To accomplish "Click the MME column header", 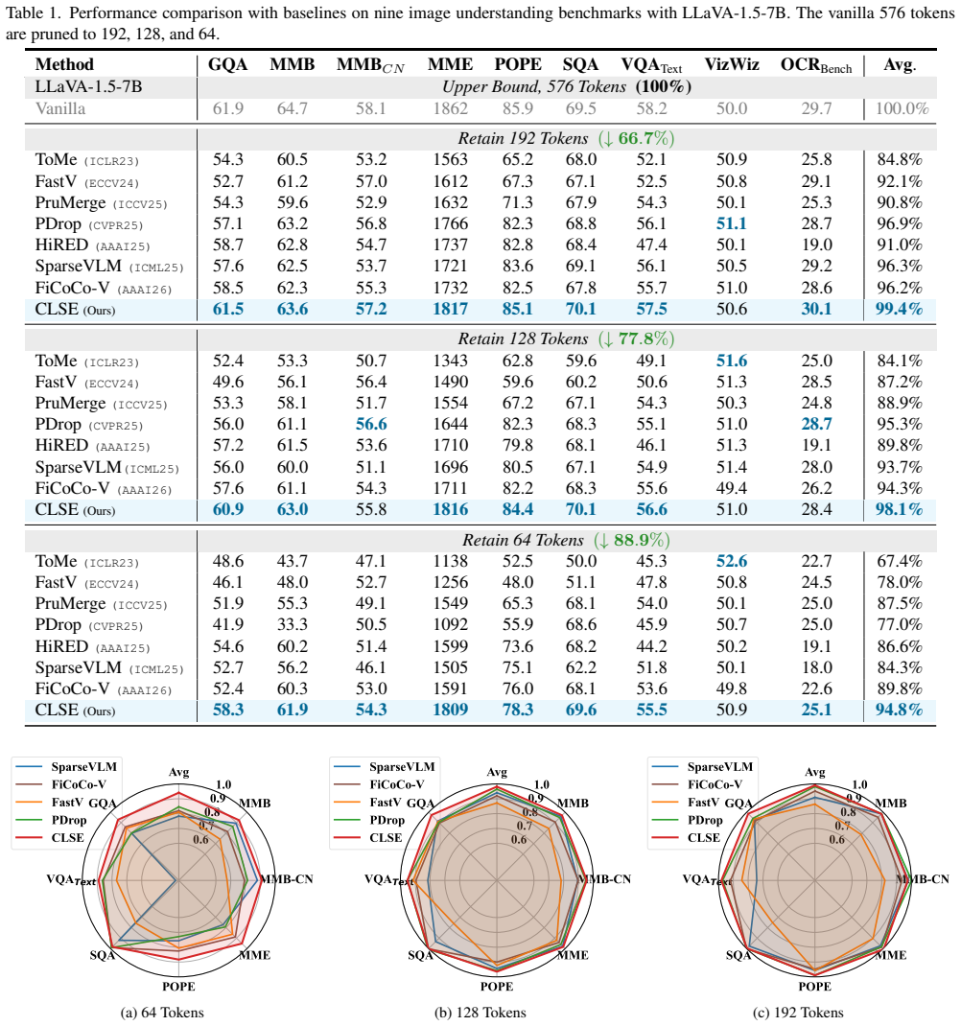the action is coord(451,64).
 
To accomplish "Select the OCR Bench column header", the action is coord(815,65).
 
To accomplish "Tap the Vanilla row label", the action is coord(60,108).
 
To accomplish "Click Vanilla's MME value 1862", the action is coord(451,108).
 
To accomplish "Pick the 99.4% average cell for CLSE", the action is coord(899,309).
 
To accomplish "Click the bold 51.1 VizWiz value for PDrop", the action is coord(731,223).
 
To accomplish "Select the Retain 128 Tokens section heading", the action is coord(566,338).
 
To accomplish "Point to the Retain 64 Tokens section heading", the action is coord(566,540).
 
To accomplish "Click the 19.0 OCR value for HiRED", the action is coord(816,245).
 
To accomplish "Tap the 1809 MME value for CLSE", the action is coord(451,710).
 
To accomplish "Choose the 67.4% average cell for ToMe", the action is coord(900,561).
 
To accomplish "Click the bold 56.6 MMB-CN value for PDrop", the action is coord(371,424).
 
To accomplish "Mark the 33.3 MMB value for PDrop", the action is coord(292,624).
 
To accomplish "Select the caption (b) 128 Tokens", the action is coord(480,1013).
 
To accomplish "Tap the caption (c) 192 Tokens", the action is coord(799,1013).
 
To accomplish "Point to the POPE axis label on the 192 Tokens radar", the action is coord(815,986).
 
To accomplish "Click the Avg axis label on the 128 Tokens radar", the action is coord(497,772).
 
